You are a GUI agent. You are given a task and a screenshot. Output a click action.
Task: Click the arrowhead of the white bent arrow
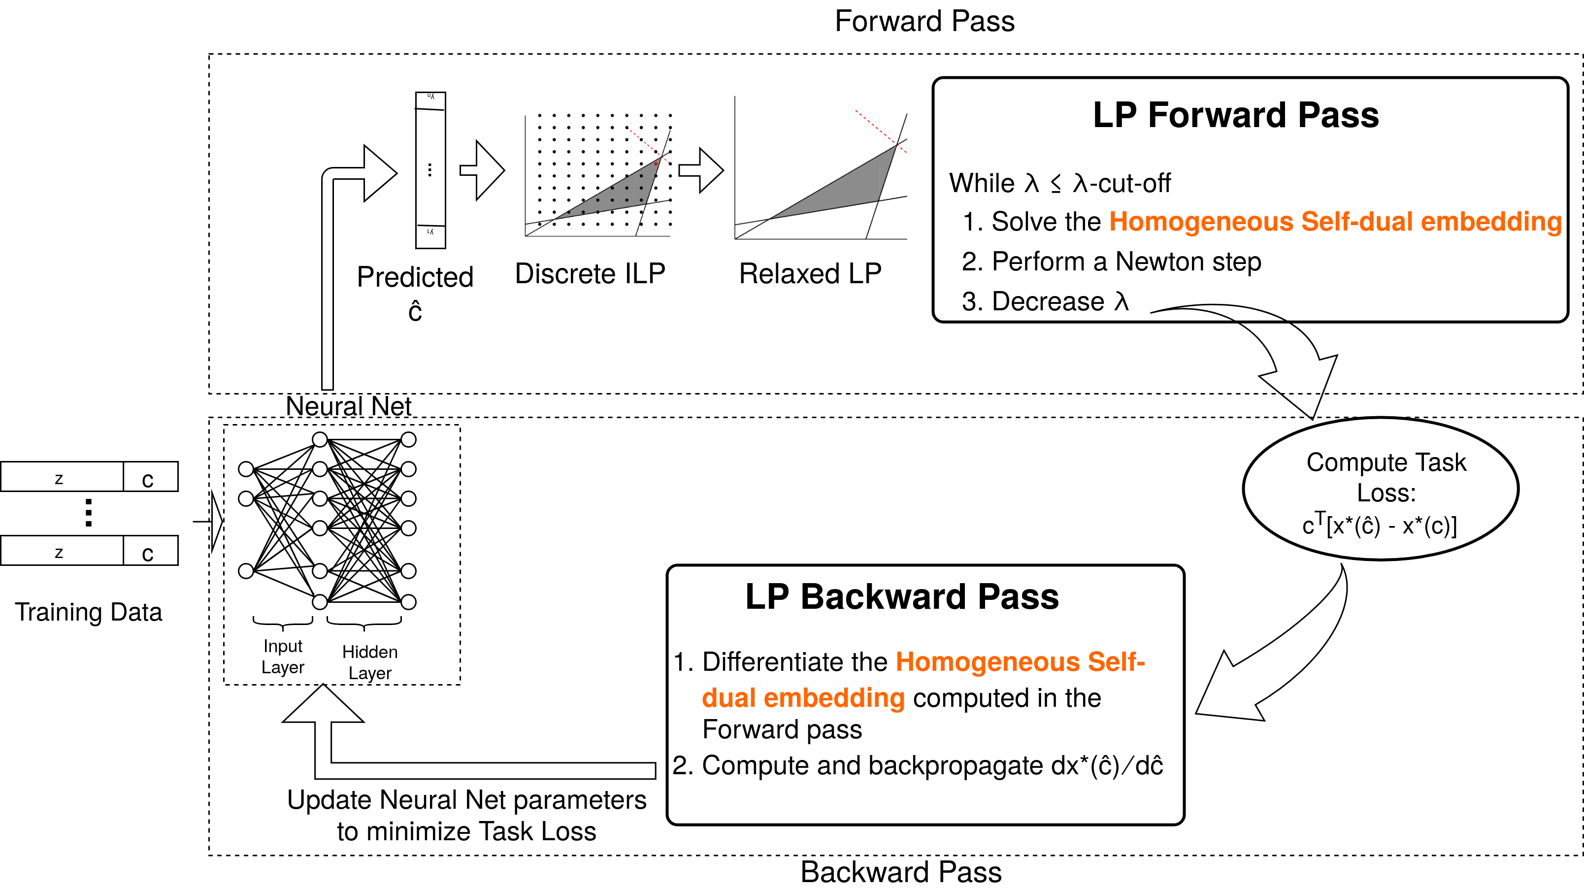(378, 173)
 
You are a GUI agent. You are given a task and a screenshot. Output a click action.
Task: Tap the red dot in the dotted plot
(656, 164)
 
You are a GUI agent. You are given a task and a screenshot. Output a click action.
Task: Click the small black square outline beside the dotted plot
(681, 170)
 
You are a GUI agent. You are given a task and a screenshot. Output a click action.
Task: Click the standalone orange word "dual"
(728, 698)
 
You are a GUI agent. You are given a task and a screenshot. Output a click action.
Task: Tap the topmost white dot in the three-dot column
(246, 469)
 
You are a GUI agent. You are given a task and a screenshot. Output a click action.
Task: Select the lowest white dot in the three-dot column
(246, 571)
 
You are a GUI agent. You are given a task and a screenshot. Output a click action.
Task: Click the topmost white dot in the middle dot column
(320, 440)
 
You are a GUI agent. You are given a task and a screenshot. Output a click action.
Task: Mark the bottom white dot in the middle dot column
(320, 602)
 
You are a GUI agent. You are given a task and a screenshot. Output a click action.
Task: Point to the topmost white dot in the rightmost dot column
(408, 440)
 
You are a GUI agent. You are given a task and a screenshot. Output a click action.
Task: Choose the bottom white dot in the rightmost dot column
(408, 602)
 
